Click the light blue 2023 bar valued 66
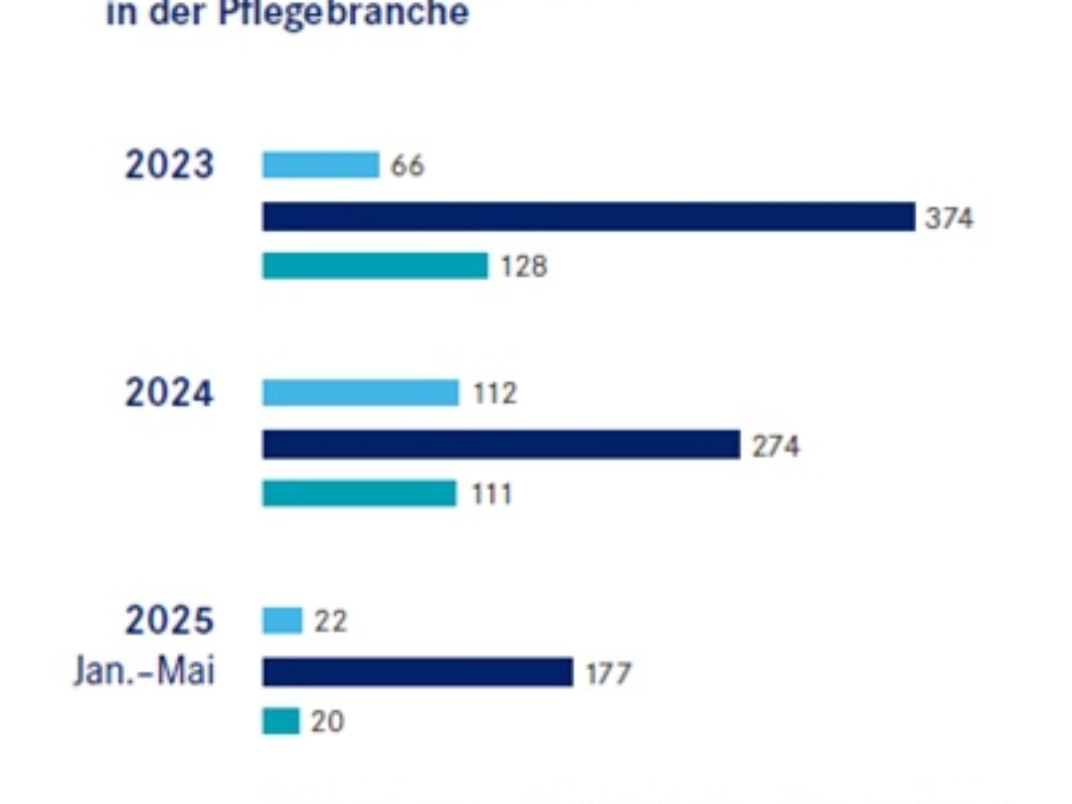pyautogui.click(x=320, y=165)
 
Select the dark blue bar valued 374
pyautogui.click(x=588, y=217)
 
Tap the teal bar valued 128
pyautogui.click(x=374, y=266)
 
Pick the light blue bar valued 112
pyautogui.click(x=360, y=393)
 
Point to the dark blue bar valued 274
pyautogui.click(x=500, y=445)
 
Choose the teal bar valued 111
pyautogui.click(x=358, y=494)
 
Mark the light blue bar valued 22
pyautogui.click(x=281, y=621)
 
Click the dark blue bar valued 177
pyautogui.click(x=417, y=673)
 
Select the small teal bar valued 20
pyautogui.click(x=281, y=721)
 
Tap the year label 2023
pyautogui.click(x=170, y=165)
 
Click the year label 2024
pyautogui.click(x=170, y=393)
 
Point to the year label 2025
pyautogui.click(x=170, y=621)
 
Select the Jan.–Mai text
pyautogui.click(x=145, y=671)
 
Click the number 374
pyautogui.click(x=950, y=218)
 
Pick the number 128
pyautogui.click(x=523, y=266)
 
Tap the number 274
pyautogui.click(x=775, y=446)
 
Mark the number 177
pyautogui.click(x=608, y=674)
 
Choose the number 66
pyautogui.click(x=407, y=166)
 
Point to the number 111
pyautogui.click(x=492, y=494)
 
